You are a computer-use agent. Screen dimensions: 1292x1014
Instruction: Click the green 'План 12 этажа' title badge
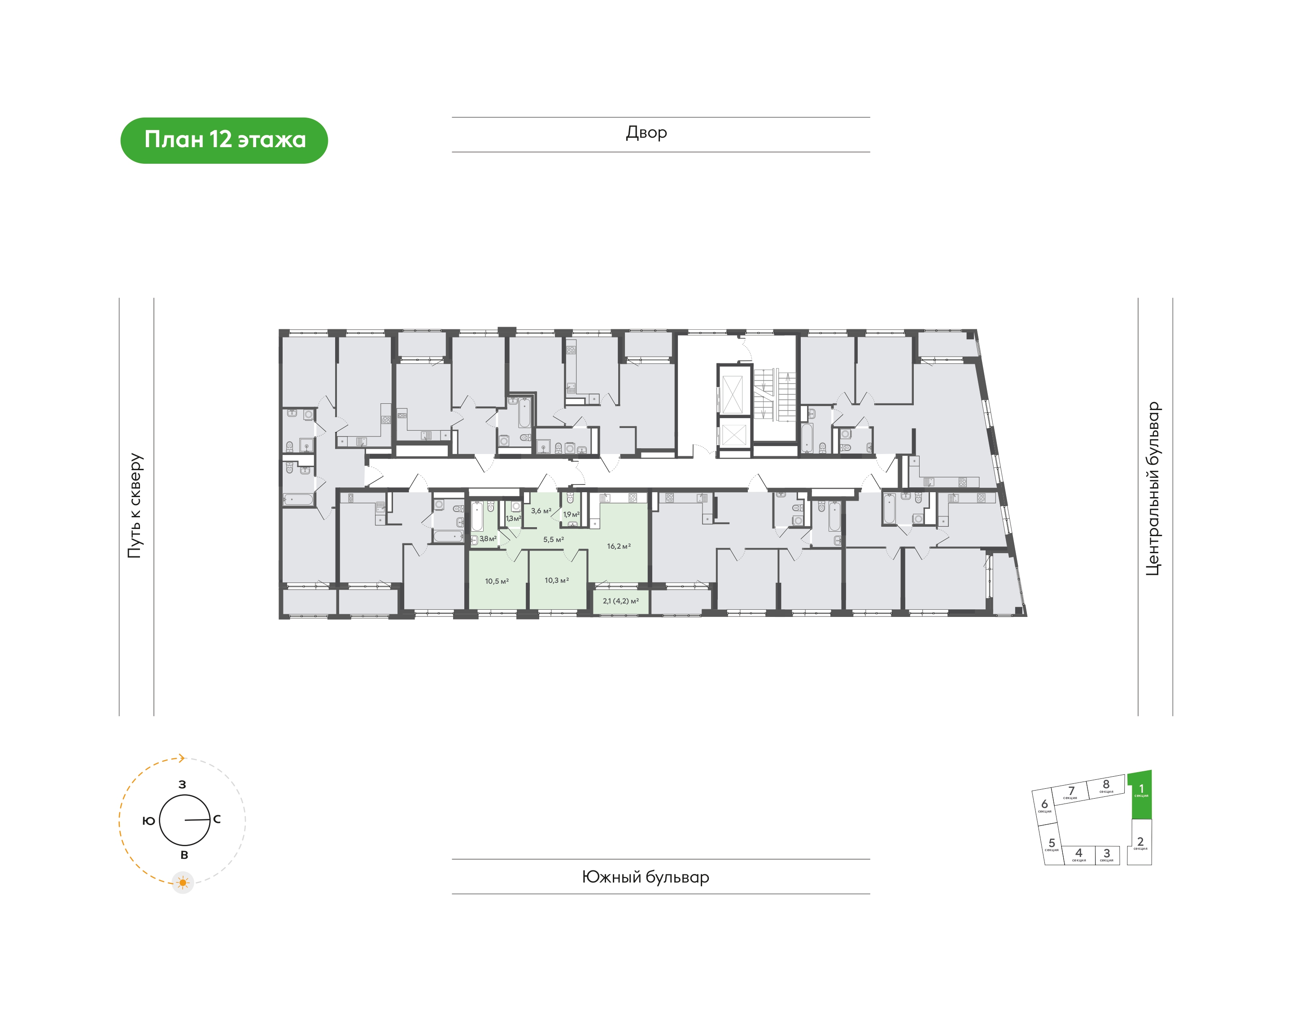(224, 140)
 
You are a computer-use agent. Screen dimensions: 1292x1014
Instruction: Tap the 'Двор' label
(646, 132)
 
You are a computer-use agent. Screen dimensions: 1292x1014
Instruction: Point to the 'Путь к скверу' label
(135, 505)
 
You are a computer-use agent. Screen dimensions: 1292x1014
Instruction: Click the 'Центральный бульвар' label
(1152, 489)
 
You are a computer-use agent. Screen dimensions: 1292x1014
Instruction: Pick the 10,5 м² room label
(497, 581)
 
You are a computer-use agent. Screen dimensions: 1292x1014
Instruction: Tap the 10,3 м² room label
(557, 580)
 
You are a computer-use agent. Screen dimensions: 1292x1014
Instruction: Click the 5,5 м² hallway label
(553, 540)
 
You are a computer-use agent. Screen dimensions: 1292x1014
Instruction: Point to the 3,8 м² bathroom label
(488, 538)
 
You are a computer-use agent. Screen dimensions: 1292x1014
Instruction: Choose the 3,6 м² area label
(541, 511)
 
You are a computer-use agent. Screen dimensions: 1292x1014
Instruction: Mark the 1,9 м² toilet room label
(571, 514)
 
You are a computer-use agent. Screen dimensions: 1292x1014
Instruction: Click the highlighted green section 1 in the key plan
(1140, 795)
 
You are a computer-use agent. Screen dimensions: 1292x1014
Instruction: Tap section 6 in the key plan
(1044, 806)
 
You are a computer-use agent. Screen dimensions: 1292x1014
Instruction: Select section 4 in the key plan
(1078, 855)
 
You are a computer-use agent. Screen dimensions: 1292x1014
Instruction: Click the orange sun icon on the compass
(183, 883)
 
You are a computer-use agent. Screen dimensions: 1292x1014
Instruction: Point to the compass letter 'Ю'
(148, 821)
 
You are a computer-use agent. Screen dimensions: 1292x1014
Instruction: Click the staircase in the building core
(774, 394)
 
